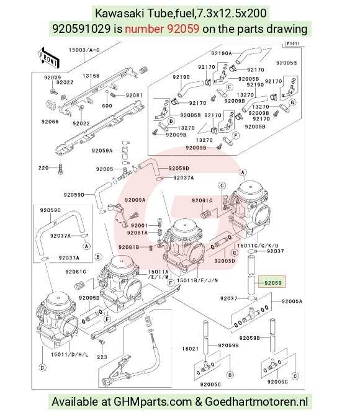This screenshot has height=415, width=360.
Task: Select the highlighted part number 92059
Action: click(x=272, y=283)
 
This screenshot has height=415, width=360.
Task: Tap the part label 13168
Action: click(x=91, y=76)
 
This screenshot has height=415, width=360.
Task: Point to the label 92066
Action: click(x=50, y=122)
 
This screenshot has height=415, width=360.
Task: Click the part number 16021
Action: click(x=191, y=349)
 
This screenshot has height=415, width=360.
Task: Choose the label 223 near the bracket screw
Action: click(x=102, y=357)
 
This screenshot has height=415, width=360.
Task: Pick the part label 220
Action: click(x=43, y=168)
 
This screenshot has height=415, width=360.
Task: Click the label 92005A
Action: click(x=292, y=301)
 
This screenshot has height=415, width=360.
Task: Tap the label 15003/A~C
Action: click(x=84, y=50)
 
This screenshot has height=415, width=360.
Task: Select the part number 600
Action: click(x=107, y=106)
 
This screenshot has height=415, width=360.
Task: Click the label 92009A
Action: click(x=135, y=200)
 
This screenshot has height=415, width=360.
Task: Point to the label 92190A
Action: click(x=222, y=53)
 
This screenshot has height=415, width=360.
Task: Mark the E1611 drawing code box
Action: click(x=293, y=43)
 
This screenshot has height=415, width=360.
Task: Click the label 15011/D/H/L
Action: click(x=70, y=355)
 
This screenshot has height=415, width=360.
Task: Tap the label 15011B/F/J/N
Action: click(x=197, y=280)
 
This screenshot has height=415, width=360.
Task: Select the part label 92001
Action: click(x=139, y=226)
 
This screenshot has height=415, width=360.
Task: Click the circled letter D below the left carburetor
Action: click(x=42, y=368)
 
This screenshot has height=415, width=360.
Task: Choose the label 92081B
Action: click(x=128, y=247)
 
